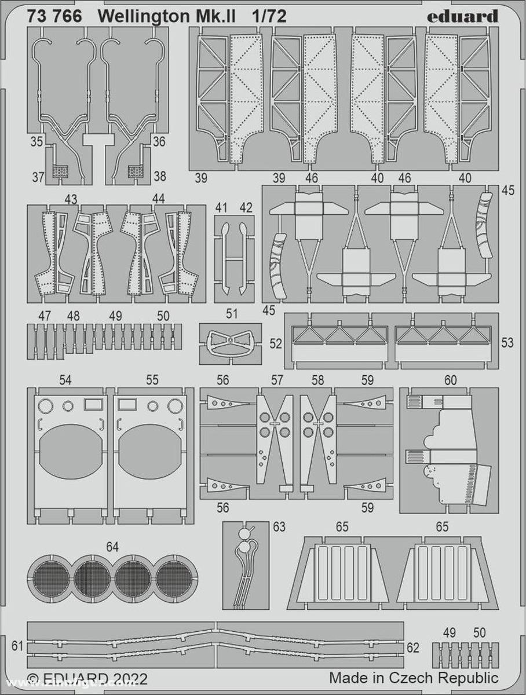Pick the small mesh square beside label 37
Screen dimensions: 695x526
click(x=60, y=171)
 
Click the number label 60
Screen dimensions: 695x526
click(x=450, y=380)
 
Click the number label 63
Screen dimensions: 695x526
click(x=279, y=526)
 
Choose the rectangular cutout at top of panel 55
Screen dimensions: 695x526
click(x=126, y=404)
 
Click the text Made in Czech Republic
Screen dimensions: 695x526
click(x=414, y=678)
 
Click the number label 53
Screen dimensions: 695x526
click(x=507, y=343)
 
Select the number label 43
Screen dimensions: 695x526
click(x=71, y=199)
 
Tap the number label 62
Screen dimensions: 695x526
click(x=412, y=648)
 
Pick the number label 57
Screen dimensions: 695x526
click(x=277, y=380)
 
